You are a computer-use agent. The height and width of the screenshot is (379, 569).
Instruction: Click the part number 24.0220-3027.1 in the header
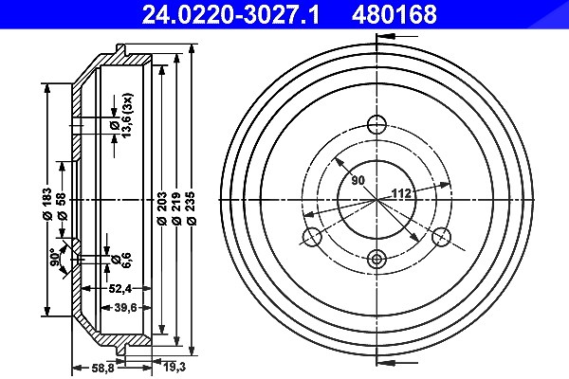coord(230,14)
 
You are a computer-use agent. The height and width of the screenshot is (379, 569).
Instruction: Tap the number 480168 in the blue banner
coord(394,14)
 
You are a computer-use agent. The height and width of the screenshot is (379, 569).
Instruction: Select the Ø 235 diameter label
coord(192,208)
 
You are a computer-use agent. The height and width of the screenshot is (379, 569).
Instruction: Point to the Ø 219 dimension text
coord(176,208)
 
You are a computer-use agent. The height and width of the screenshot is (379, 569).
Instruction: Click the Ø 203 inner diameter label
coord(162,208)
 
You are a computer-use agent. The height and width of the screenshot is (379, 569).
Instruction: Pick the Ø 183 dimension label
coord(47,204)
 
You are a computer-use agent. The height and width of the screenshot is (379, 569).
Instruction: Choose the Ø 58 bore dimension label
coord(62,206)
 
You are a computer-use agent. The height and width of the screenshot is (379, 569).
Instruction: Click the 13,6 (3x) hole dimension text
coord(127,116)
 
